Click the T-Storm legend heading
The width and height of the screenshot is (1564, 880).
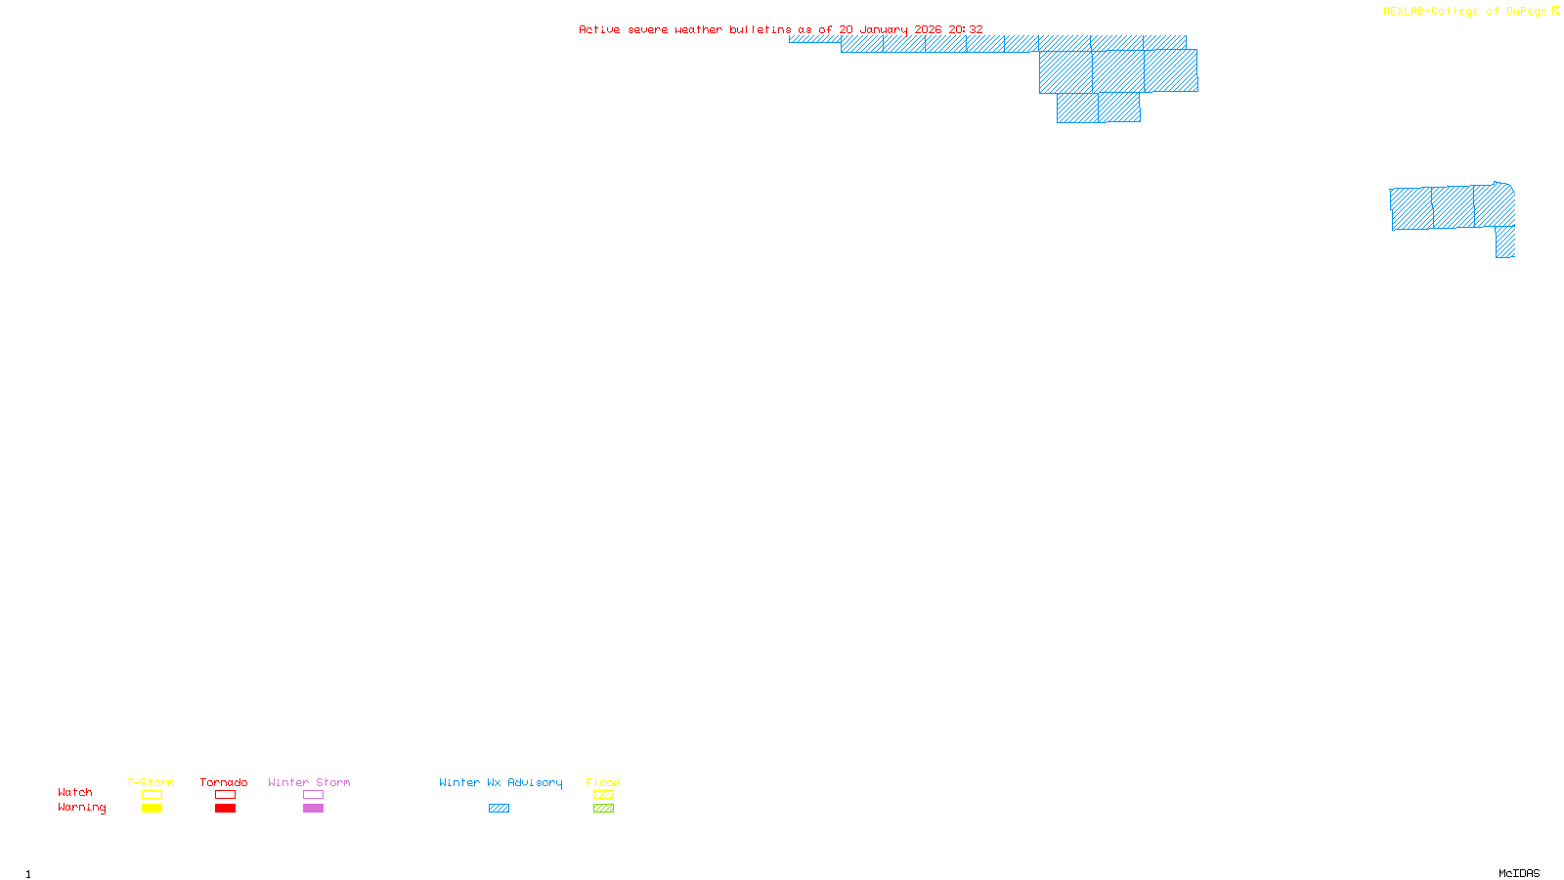click(x=151, y=782)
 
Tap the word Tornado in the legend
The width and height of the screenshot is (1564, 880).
click(x=224, y=782)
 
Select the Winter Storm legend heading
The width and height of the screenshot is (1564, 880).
click(x=309, y=782)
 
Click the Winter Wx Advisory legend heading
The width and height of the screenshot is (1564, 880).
click(x=500, y=782)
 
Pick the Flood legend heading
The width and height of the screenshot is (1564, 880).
click(x=603, y=782)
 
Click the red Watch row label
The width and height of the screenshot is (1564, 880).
click(x=75, y=792)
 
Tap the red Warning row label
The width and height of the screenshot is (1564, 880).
click(x=81, y=808)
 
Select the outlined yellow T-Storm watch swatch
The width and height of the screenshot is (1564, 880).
click(x=152, y=795)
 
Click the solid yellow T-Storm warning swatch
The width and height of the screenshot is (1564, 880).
click(x=152, y=809)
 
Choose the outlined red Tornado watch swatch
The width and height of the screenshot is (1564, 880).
click(x=225, y=795)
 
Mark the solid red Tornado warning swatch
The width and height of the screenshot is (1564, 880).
click(x=225, y=809)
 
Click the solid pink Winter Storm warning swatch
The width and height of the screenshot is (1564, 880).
click(x=313, y=809)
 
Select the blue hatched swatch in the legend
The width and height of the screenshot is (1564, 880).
click(x=499, y=809)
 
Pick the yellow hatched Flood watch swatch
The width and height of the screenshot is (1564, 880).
click(x=603, y=795)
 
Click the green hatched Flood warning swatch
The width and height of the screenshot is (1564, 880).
click(x=603, y=809)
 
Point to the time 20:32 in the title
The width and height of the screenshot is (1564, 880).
click(x=966, y=29)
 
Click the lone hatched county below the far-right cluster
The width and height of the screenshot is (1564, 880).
click(x=1505, y=242)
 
